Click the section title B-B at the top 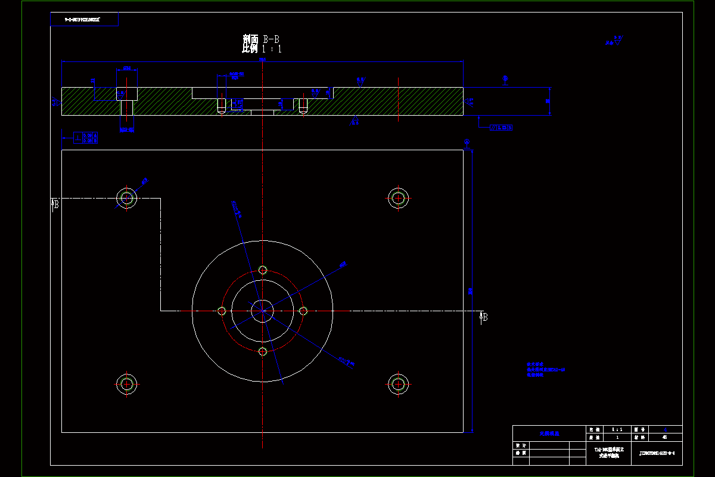pos(261,39)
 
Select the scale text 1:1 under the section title pos(272,49)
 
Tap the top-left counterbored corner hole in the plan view pos(126,198)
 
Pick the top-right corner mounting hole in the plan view pos(398,198)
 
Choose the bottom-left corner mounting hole pos(126,383)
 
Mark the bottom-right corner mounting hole pos(398,383)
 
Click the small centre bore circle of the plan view pos(262,310)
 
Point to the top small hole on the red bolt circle pos(262,270)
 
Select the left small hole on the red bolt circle pos(222,311)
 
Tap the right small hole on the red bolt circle pos(303,311)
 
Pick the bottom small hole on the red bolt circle pos(262,351)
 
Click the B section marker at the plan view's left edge pos(55,204)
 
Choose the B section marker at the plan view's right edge pos(484,317)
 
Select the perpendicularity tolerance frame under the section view pos(86,138)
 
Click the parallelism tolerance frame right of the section pos(501,128)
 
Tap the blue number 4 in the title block pos(665,429)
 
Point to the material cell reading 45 pos(665,437)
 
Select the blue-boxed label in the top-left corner pos(84,20)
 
